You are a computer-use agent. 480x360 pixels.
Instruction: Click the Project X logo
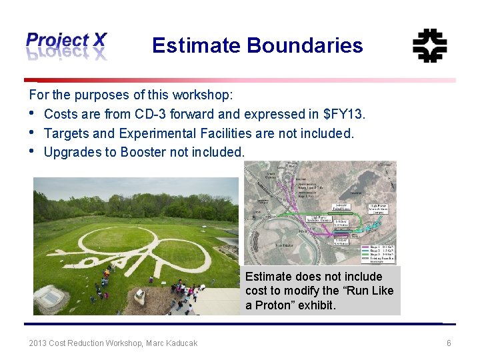[x=66, y=45]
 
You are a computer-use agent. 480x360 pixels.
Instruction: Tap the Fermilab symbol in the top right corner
[x=429, y=45]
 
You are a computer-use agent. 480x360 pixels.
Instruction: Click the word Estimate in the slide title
[x=196, y=45]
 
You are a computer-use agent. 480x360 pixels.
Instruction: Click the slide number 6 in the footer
[x=449, y=343]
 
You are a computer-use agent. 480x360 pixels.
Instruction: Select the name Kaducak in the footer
[x=179, y=343]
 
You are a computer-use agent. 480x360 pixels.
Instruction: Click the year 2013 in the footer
[x=37, y=343]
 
